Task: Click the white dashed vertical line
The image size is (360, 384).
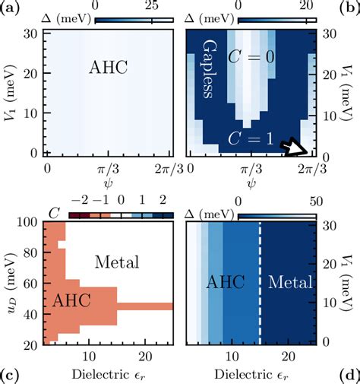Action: click(x=261, y=281)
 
